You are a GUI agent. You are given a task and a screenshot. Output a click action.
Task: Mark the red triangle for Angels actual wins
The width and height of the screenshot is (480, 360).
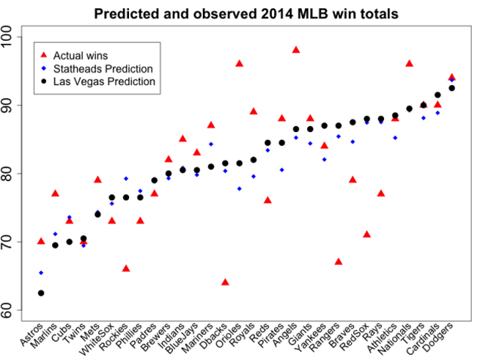(x=296, y=50)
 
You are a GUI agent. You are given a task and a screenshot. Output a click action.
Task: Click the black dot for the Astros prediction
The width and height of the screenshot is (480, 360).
(x=41, y=293)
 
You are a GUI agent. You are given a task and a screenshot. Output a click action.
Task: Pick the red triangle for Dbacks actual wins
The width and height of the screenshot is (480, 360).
(x=225, y=282)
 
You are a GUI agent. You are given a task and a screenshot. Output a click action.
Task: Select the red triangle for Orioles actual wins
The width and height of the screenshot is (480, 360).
(x=239, y=63)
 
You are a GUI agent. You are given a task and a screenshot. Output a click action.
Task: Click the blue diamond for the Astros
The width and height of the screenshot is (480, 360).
(x=41, y=272)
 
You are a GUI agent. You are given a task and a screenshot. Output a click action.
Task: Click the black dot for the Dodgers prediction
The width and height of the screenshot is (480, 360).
(x=452, y=88)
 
